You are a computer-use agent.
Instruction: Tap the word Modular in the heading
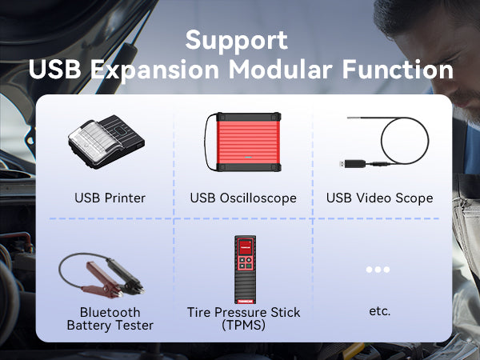[x=281, y=70]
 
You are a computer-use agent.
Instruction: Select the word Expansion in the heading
[x=154, y=71]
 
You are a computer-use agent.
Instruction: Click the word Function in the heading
[x=398, y=70]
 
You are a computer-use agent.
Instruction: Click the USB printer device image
[x=106, y=142]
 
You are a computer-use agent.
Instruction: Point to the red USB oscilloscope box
[x=248, y=142]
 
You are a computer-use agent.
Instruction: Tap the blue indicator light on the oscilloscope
[x=248, y=158]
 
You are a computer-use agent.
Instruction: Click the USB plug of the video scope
[x=354, y=164]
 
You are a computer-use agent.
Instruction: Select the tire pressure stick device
[x=245, y=270]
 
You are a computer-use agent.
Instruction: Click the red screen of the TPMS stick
[x=245, y=246]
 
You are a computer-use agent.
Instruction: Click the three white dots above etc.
[x=378, y=270]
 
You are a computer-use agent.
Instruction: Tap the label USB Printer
[x=110, y=198]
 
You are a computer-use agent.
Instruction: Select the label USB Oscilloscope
[x=243, y=198]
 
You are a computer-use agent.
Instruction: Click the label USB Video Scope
[x=379, y=198]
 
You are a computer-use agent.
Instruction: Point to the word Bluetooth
[x=110, y=312]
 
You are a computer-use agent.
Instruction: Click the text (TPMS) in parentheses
[x=244, y=325]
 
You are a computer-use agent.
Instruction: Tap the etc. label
[x=379, y=311]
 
